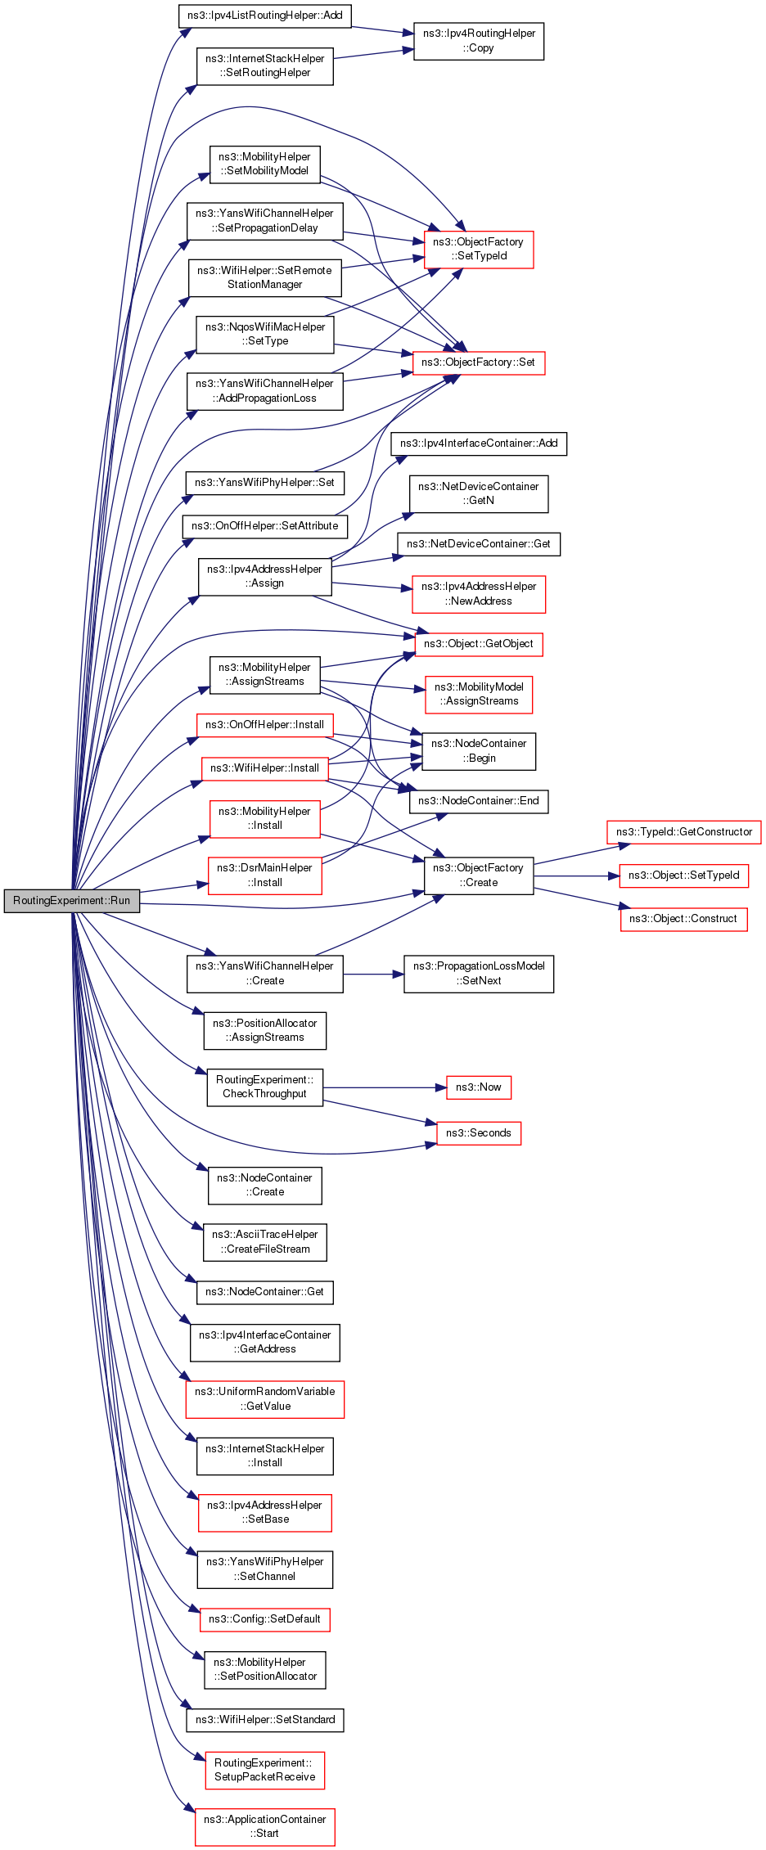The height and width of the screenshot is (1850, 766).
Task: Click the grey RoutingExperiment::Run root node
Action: point(72,900)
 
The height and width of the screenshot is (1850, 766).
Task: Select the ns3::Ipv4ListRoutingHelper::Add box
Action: point(265,16)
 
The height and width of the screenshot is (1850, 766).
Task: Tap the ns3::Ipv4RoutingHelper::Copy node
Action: point(479,41)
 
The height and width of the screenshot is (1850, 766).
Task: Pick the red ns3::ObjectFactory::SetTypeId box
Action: point(479,249)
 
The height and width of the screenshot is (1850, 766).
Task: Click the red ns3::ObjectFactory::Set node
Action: point(479,362)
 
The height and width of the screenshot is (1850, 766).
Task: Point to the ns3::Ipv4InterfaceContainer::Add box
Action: point(479,443)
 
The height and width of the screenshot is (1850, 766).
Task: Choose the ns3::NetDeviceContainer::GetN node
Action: point(479,493)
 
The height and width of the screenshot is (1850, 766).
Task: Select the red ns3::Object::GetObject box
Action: point(479,644)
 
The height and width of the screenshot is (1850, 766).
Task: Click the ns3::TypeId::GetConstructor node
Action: point(684,832)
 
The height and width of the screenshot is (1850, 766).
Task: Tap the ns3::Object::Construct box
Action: point(684,919)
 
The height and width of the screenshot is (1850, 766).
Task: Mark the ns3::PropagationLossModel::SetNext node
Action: point(479,974)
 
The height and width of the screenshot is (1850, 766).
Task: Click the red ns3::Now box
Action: point(479,1087)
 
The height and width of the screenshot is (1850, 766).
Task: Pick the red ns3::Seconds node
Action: point(479,1133)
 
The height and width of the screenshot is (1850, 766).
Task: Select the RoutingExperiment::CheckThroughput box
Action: point(265,1087)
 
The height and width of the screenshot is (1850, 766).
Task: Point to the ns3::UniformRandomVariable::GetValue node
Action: point(265,1399)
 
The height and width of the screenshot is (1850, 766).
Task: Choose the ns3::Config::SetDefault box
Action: point(265,1619)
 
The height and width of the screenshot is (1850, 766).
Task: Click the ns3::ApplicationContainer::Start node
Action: point(265,1827)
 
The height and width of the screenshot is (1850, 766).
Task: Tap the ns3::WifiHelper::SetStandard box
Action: point(265,1720)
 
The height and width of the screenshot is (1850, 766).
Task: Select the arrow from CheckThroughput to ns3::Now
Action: point(385,1087)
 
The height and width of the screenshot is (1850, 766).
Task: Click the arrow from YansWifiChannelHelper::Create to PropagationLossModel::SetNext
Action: point(373,975)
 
